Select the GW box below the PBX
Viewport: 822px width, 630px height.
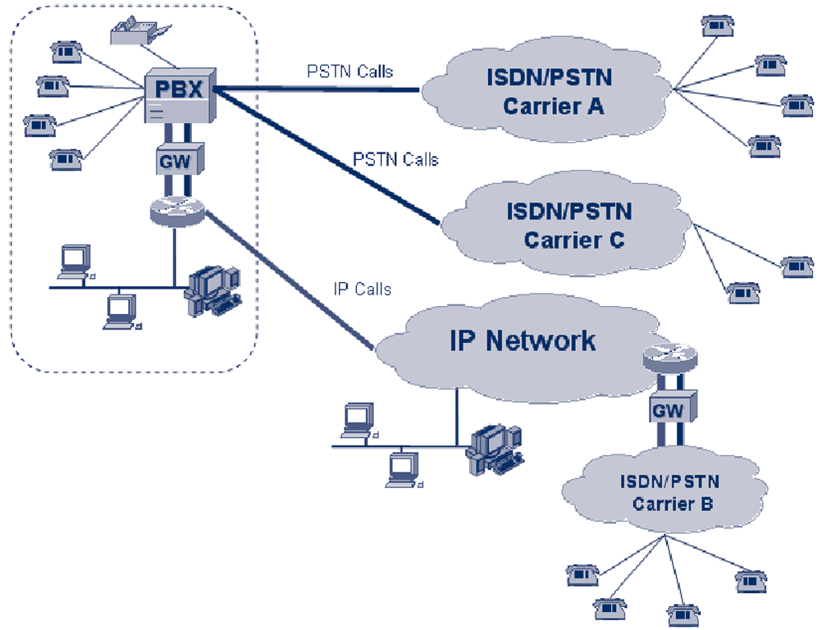click(x=174, y=160)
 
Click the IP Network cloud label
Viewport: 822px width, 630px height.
click(x=523, y=340)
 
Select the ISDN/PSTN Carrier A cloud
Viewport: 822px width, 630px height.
click(x=554, y=92)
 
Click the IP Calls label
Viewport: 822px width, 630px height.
click(x=362, y=289)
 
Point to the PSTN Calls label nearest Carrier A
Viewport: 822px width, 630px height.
click(x=350, y=71)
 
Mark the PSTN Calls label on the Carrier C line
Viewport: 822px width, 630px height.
click(x=395, y=158)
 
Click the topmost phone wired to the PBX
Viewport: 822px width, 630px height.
click(x=64, y=52)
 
